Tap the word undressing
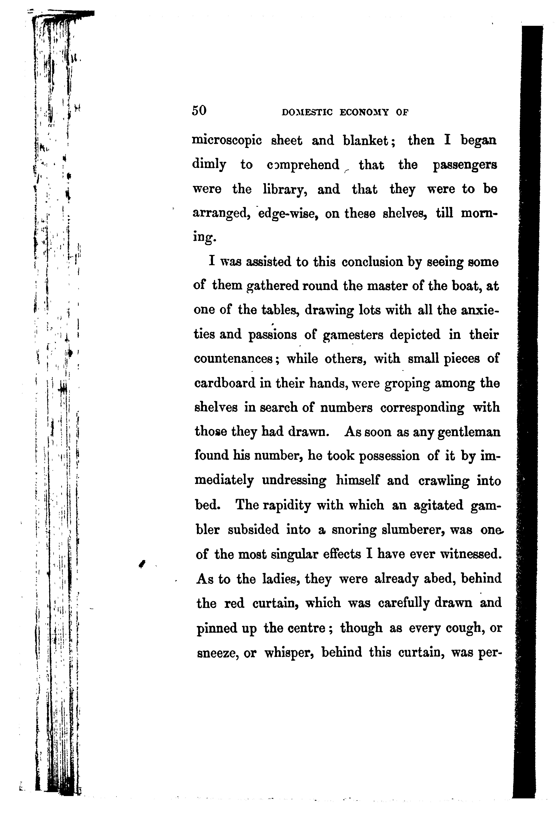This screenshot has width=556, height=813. (294, 481)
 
